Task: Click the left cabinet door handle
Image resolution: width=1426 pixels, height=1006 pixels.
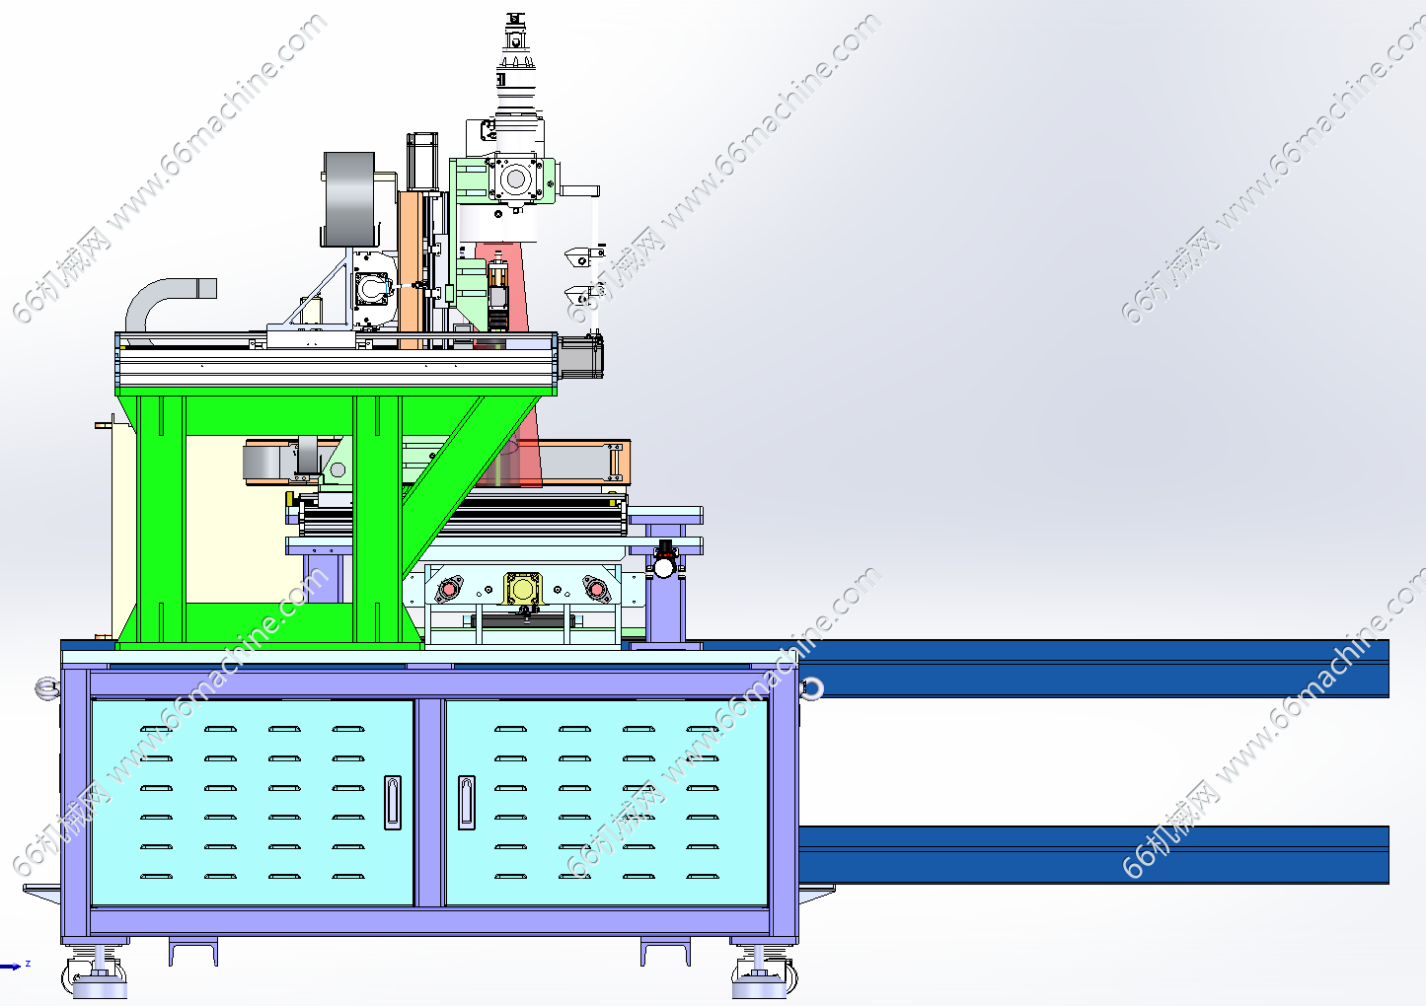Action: pos(393,803)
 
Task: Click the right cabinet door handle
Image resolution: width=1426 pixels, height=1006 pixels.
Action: pos(467,803)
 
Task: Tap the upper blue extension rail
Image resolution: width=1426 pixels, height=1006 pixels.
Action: pos(1093,669)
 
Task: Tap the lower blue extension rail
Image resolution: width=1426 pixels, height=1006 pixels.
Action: pos(1093,854)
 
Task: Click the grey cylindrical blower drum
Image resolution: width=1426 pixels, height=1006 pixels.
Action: pos(349,198)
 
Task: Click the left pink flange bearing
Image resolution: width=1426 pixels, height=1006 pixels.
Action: pos(449,589)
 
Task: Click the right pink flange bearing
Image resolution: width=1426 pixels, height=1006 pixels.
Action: pos(596,589)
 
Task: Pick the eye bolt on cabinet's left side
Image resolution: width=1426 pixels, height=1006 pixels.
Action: pos(47,688)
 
